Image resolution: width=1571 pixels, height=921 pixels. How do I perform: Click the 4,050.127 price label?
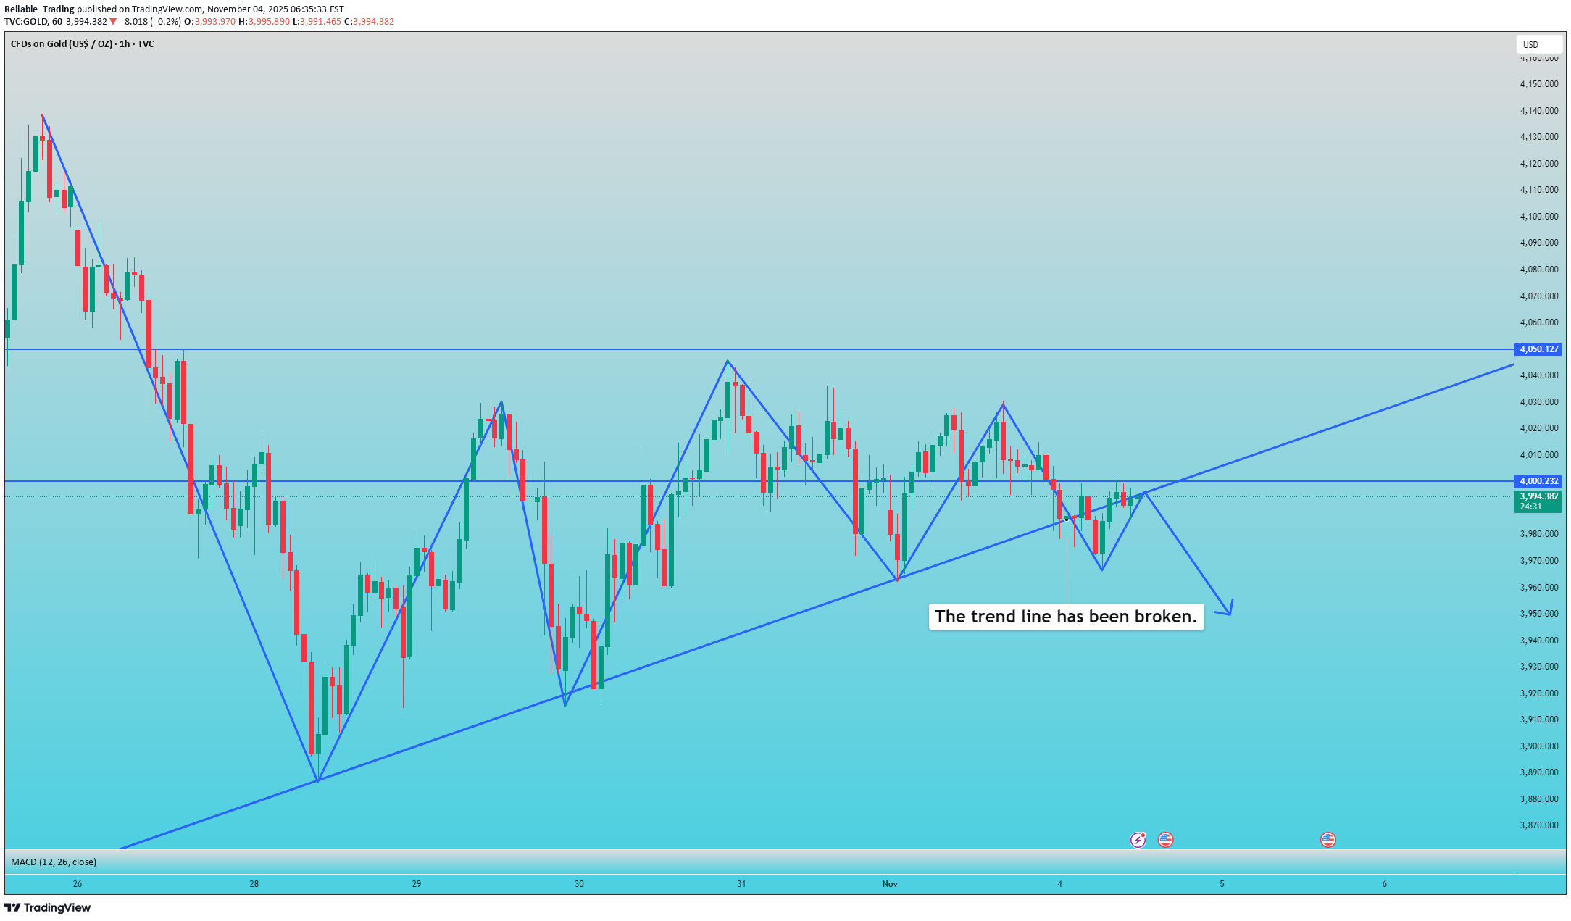1538,349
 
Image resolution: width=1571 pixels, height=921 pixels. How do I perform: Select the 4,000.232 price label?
1538,481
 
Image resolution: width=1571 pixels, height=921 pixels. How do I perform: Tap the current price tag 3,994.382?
1538,496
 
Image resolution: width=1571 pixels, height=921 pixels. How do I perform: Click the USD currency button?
1530,45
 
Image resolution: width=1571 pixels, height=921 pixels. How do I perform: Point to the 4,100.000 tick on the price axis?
1538,217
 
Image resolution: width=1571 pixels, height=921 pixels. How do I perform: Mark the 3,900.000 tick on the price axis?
1538,746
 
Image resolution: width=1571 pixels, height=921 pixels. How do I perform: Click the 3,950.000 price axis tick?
1538,614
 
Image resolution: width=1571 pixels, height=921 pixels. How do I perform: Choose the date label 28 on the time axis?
254,884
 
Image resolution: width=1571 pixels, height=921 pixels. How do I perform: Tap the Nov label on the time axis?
890,884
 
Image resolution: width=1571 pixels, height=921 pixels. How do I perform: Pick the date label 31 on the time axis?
741,884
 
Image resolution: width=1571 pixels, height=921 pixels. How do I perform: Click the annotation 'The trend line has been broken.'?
1066,617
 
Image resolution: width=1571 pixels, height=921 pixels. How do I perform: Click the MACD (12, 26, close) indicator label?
54,862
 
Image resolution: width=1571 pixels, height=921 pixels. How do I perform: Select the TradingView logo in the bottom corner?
48,908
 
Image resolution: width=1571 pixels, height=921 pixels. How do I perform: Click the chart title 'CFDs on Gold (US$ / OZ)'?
62,44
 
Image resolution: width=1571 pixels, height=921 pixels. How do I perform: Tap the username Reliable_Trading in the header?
39,9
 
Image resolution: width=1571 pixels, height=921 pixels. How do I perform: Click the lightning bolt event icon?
1138,840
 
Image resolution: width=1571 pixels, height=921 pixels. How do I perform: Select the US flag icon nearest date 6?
1328,840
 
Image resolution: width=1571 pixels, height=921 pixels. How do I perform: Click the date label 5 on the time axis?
1222,884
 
